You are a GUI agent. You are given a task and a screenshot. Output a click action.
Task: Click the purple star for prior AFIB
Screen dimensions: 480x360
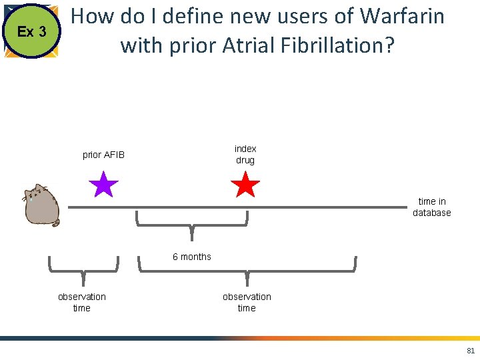click(x=103, y=185)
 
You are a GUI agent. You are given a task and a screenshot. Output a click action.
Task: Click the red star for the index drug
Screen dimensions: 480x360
click(x=245, y=185)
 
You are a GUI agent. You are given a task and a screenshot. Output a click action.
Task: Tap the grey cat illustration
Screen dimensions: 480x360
click(x=41, y=205)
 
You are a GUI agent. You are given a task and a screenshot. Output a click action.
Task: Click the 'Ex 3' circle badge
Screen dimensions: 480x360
click(x=31, y=31)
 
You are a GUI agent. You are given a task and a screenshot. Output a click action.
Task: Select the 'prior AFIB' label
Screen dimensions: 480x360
click(x=103, y=155)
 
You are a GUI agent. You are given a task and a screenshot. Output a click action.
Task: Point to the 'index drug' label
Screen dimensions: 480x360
click(x=245, y=154)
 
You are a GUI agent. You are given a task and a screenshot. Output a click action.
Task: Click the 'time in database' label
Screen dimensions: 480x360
click(x=431, y=207)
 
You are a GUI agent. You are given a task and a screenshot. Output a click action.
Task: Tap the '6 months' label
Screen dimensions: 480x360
click(x=192, y=257)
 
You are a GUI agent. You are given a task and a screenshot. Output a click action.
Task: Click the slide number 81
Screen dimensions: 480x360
click(x=471, y=351)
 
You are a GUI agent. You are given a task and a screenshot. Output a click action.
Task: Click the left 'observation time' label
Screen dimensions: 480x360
click(x=82, y=302)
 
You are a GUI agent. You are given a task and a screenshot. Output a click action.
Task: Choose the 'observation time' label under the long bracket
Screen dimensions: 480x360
click(x=247, y=302)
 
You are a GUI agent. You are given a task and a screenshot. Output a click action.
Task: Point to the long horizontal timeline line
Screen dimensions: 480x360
click(x=233, y=207)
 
